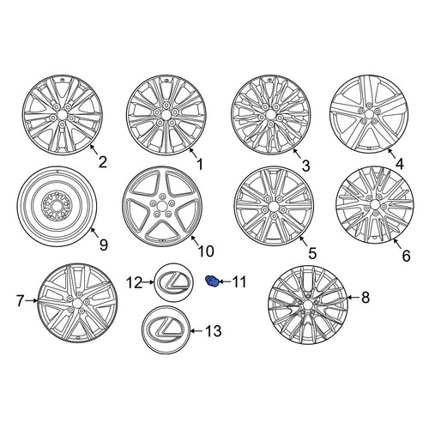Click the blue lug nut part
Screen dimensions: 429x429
(212, 281)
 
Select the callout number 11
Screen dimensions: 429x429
(239, 282)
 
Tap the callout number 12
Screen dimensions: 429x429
(135, 283)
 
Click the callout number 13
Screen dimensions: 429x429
(214, 331)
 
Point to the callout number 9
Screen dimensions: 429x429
(104, 245)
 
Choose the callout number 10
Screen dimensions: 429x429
(206, 251)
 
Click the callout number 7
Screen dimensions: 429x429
(20, 301)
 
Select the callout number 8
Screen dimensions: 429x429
(366, 298)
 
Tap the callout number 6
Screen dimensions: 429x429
(406, 256)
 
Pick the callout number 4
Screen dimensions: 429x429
(400, 164)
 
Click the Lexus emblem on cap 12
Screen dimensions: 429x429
(174, 282)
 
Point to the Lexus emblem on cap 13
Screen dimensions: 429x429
(166, 330)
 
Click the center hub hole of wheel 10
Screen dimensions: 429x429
(162, 206)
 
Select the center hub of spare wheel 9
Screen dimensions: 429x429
(56, 206)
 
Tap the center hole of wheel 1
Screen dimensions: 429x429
(166, 115)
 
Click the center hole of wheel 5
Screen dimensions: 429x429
(274, 206)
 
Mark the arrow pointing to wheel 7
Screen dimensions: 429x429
(32, 300)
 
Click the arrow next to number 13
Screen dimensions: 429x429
(196, 331)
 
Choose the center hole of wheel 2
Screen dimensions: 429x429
(63, 114)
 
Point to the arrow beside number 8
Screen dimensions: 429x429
(353, 298)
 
